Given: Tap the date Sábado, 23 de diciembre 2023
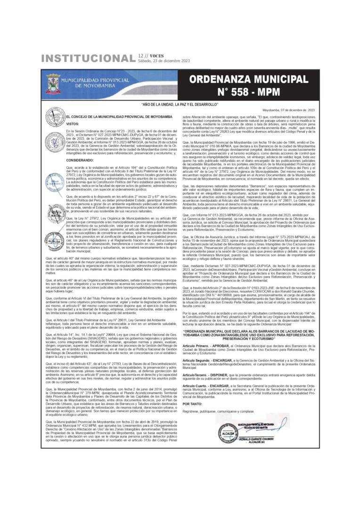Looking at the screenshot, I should (x=164, y=61).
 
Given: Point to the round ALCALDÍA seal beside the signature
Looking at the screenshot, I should (x=225, y=431).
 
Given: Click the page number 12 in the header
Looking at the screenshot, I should (x=140, y=56).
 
